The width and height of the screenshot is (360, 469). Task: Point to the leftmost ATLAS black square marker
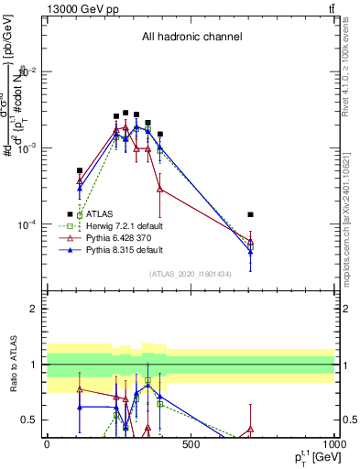click(x=80, y=170)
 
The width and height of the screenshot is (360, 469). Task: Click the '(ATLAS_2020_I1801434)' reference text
click(x=191, y=274)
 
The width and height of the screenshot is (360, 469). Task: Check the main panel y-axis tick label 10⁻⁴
click(x=30, y=224)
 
